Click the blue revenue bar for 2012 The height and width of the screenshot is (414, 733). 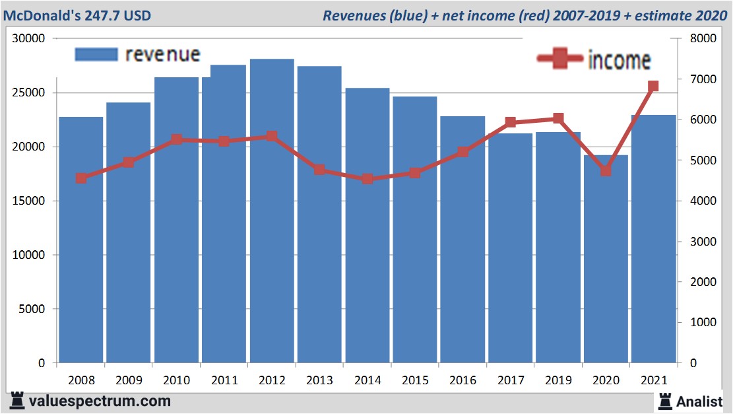[272, 211]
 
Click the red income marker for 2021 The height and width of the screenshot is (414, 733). [653, 86]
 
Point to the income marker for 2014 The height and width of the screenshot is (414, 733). [367, 179]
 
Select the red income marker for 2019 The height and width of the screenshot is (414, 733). [558, 119]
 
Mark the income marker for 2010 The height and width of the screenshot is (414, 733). [176, 140]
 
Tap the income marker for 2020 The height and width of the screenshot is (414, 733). [606, 170]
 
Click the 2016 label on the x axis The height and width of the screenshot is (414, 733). [462, 380]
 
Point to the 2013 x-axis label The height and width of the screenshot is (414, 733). [319, 380]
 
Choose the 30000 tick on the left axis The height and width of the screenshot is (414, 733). [29, 38]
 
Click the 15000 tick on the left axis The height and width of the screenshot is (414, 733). [29, 201]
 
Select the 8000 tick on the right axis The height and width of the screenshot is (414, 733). [702, 38]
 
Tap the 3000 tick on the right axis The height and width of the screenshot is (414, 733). [702, 242]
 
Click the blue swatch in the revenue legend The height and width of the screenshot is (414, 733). [96, 55]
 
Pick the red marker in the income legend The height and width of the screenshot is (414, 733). [561, 59]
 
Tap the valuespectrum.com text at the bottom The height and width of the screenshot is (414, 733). [99, 401]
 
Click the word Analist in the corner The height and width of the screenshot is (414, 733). [699, 401]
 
